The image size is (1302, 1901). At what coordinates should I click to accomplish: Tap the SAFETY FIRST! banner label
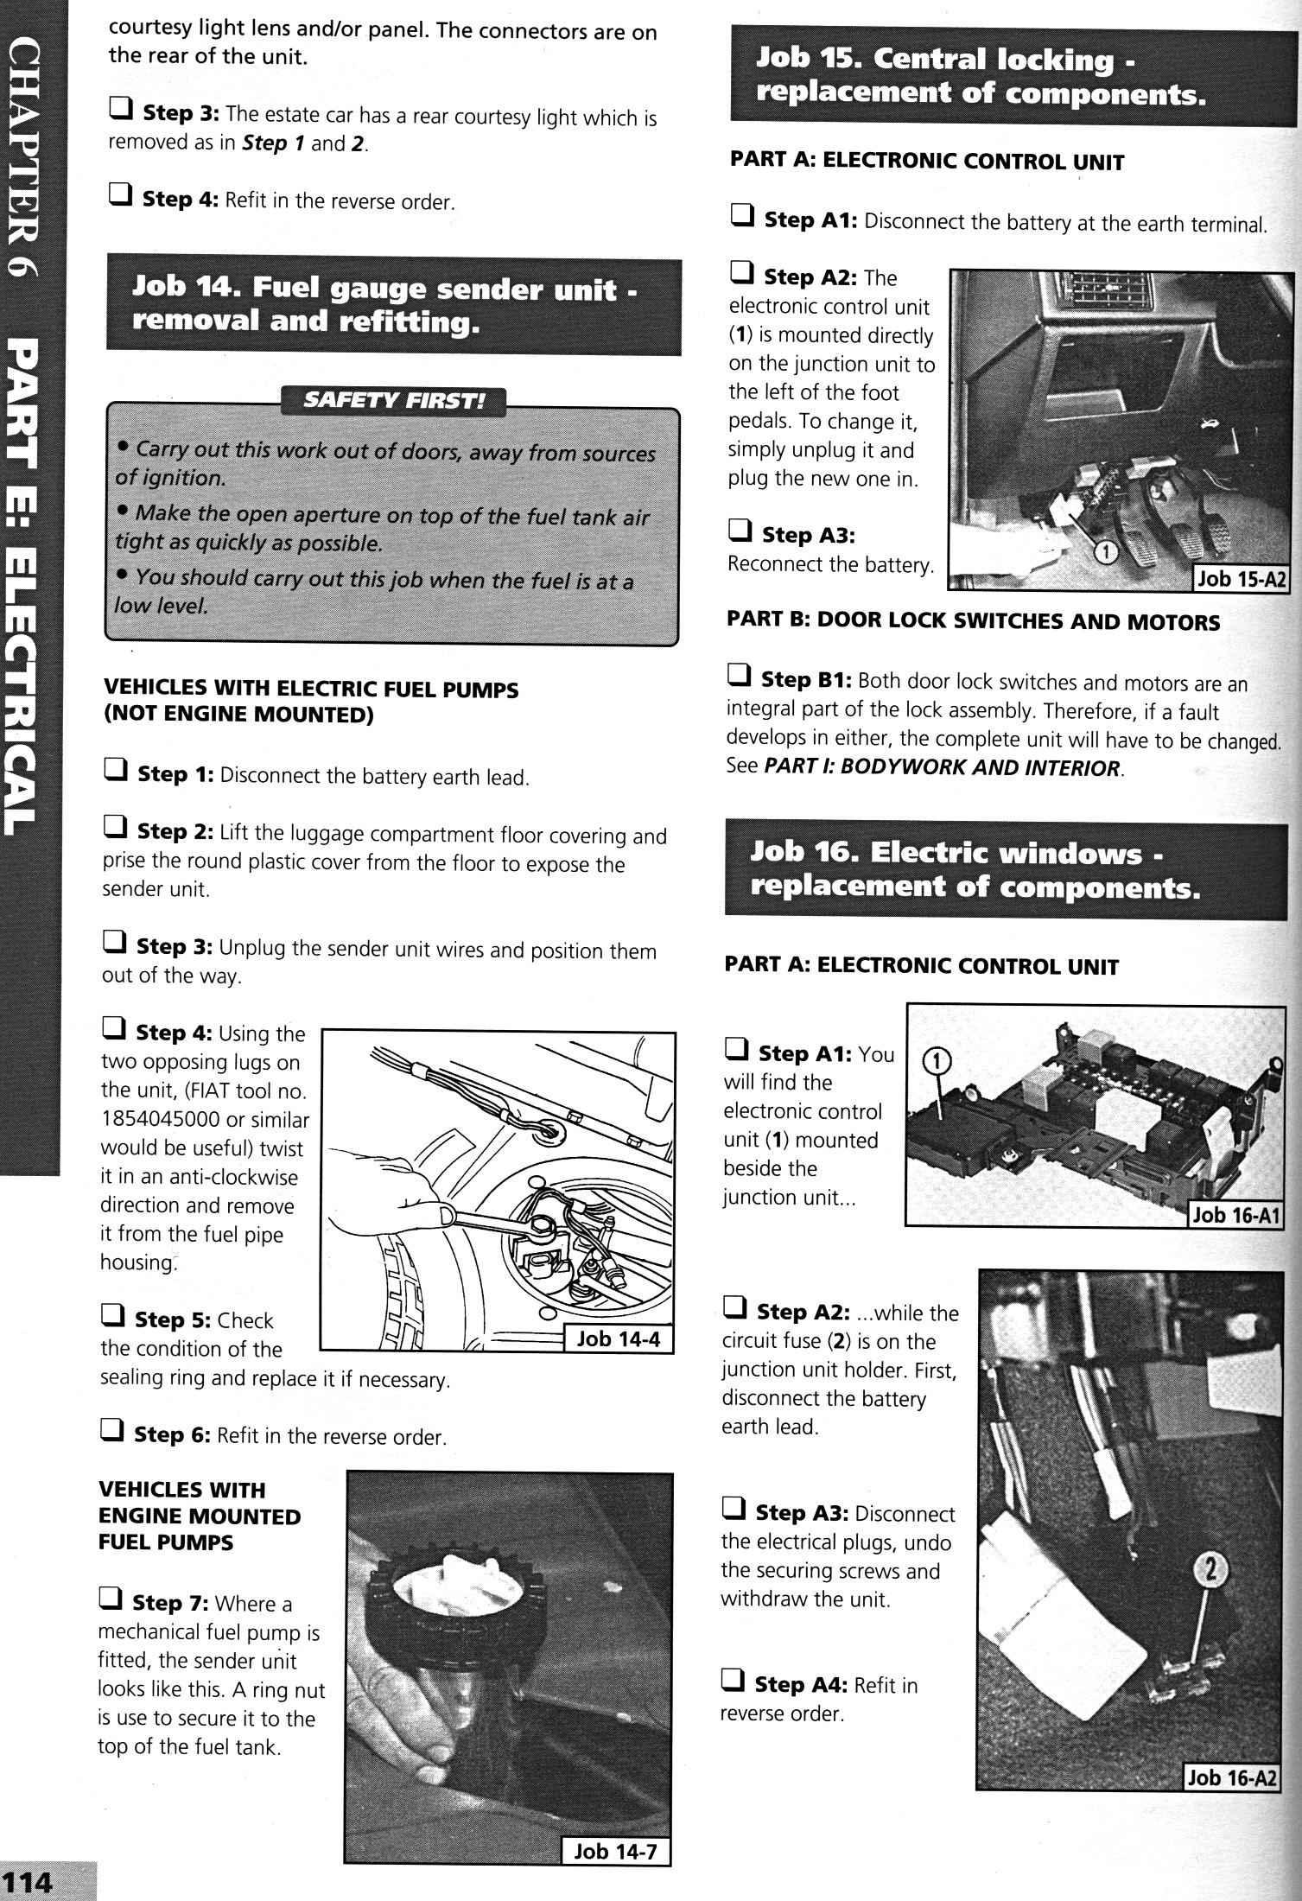(x=393, y=402)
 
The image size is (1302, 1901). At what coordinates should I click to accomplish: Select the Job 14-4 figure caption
(x=617, y=1338)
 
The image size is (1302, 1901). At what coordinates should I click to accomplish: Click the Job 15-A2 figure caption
(x=1240, y=579)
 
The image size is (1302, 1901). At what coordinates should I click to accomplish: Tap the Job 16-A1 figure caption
(x=1235, y=1215)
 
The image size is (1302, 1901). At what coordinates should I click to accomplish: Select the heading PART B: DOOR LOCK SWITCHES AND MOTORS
(x=973, y=621)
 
